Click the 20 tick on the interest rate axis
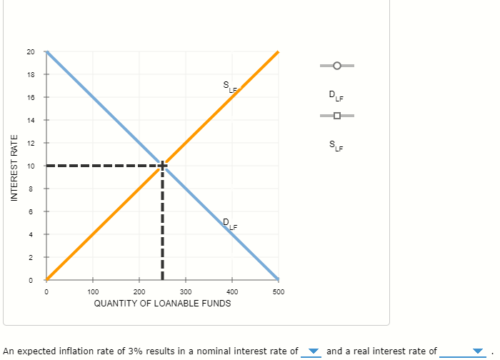[30, 51]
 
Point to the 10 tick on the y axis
[30, 166]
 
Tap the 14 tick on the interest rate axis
[30, 120]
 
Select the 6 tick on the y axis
[30, 211]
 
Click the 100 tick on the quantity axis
[93, 292]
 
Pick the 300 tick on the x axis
[186, 292]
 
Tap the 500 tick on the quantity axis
[279, 292]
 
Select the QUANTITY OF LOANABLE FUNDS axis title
[163, 303]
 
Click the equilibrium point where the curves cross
[163, 166]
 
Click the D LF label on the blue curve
[229, 224]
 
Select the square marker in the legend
[336, 116]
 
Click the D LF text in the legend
[336, 95]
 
